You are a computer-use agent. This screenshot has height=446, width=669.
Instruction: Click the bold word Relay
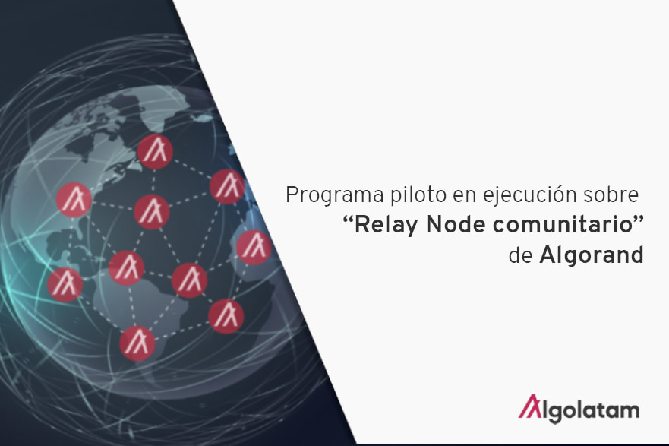(x=387, y=226)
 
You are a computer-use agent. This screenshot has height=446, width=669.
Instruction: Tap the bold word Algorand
(x=592, y=255)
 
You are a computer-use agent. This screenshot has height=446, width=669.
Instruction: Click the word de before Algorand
(x=520, y=255)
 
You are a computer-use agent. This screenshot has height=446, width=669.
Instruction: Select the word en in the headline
(x=465, y=197)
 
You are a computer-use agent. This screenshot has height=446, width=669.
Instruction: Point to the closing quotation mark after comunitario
(x=638, y=220)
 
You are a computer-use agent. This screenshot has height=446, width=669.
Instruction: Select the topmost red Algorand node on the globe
(x=155, y=151)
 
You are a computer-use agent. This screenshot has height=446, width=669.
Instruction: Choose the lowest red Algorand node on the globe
(x=137, y=343)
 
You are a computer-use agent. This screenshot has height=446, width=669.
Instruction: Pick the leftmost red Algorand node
(x=65, y=285)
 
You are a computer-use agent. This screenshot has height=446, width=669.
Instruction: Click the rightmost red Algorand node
(x=254, y=248)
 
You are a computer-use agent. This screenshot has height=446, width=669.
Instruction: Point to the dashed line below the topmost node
(x=153, y=182)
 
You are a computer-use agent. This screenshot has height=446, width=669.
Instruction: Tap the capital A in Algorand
(x=548, y=255)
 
